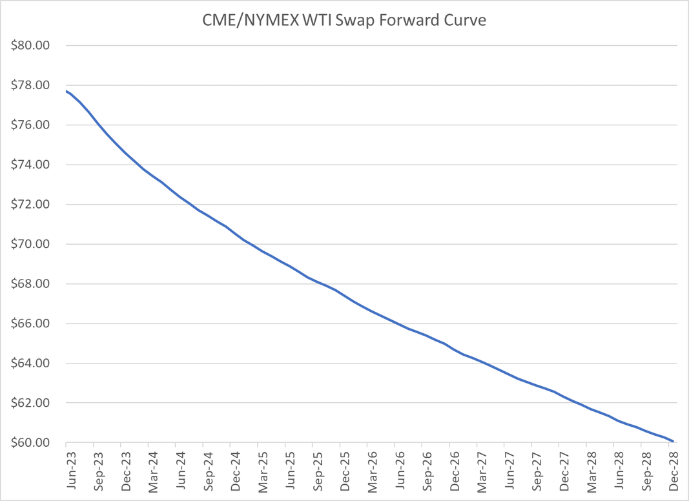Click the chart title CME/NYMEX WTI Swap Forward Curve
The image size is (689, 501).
[344, 20]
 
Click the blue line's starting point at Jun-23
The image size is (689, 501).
[67, 91]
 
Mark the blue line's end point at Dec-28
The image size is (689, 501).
[674, 442]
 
